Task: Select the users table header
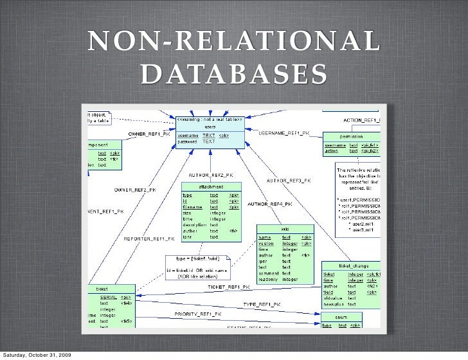pyautogui.click(x=210, y=127)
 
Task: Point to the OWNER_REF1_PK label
pyautogui.click(x=149, y=134)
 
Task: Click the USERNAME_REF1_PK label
pyautogui.click(x=283, y=133)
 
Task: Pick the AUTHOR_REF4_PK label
pyautogui.click(x=270, y=204)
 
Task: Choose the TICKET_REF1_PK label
pyautogui.click(x=229, y=287)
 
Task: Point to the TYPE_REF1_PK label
pyautogui.click(x=261, y=304)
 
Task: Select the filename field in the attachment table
pyautogui.click(x=192, y=208)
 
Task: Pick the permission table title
pyautogui.click(x=352, y=137)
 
